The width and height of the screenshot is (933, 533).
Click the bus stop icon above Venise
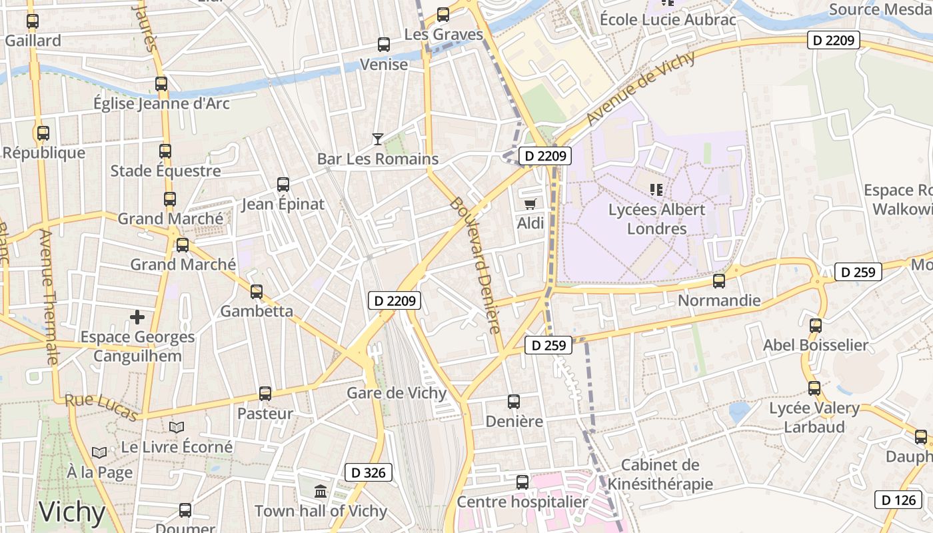(384, 45)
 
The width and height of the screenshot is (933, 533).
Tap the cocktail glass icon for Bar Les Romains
(378, 139)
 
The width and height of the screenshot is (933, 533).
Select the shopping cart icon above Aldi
(530, 204)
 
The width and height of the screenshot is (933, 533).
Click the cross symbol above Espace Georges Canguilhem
(137, 317)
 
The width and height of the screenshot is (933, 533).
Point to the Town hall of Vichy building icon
(321, 492)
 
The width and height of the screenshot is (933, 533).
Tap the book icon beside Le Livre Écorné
(177, 427)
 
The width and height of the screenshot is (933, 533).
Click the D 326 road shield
(369, 473)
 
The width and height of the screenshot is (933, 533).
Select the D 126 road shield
(898, 500)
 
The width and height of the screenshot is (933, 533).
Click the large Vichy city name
(72, 512)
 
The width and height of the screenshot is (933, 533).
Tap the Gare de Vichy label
(397, 393)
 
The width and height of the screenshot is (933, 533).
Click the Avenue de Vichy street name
(641, 87)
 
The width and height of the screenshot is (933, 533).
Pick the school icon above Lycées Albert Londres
(656, 190)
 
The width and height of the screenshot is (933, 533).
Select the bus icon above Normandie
(718, 281)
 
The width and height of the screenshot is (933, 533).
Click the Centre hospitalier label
(522, 502)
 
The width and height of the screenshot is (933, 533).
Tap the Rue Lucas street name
(101, 408)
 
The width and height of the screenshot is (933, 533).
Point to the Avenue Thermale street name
(49, 296)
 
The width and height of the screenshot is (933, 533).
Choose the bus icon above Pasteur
(265, 394)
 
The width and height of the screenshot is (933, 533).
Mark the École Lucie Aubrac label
(668, 19)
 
